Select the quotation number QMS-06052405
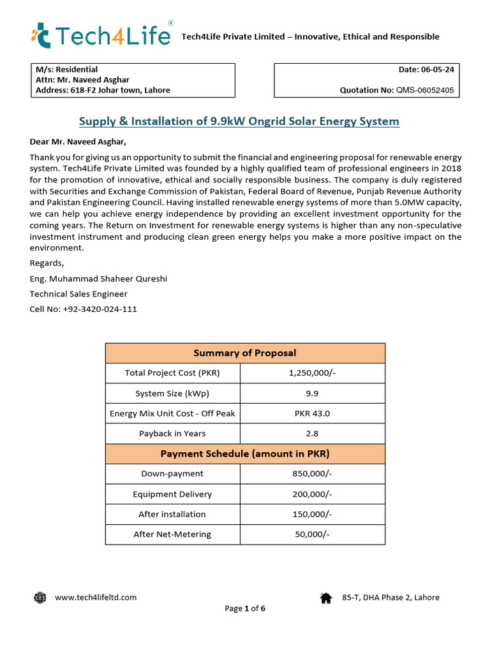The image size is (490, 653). [x=425, y=91]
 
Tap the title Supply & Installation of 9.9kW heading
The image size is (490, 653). [x=239, y=121]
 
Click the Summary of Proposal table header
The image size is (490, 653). [x=245, y=353]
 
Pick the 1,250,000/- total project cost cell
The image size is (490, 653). [x=312, y=373]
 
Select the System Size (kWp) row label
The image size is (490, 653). [x=172, y=393]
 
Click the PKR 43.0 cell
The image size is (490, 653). [x=312, y=413]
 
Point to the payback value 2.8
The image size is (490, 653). [x=312, y=434]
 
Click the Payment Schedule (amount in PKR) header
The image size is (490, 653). [x=245, y=454]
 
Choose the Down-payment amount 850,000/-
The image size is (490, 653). [x=312, y=474]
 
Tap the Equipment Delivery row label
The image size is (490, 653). [x=172, y=494]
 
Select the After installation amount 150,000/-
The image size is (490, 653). [x=312, y=514]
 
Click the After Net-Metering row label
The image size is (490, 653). [x=172, y=534]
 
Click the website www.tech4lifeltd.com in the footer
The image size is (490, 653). [x=96, y=598]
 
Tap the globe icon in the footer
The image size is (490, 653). [x=40, y=598]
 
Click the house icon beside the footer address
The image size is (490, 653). [x=326, y=598]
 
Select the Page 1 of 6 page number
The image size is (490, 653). [x=245, y=608]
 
